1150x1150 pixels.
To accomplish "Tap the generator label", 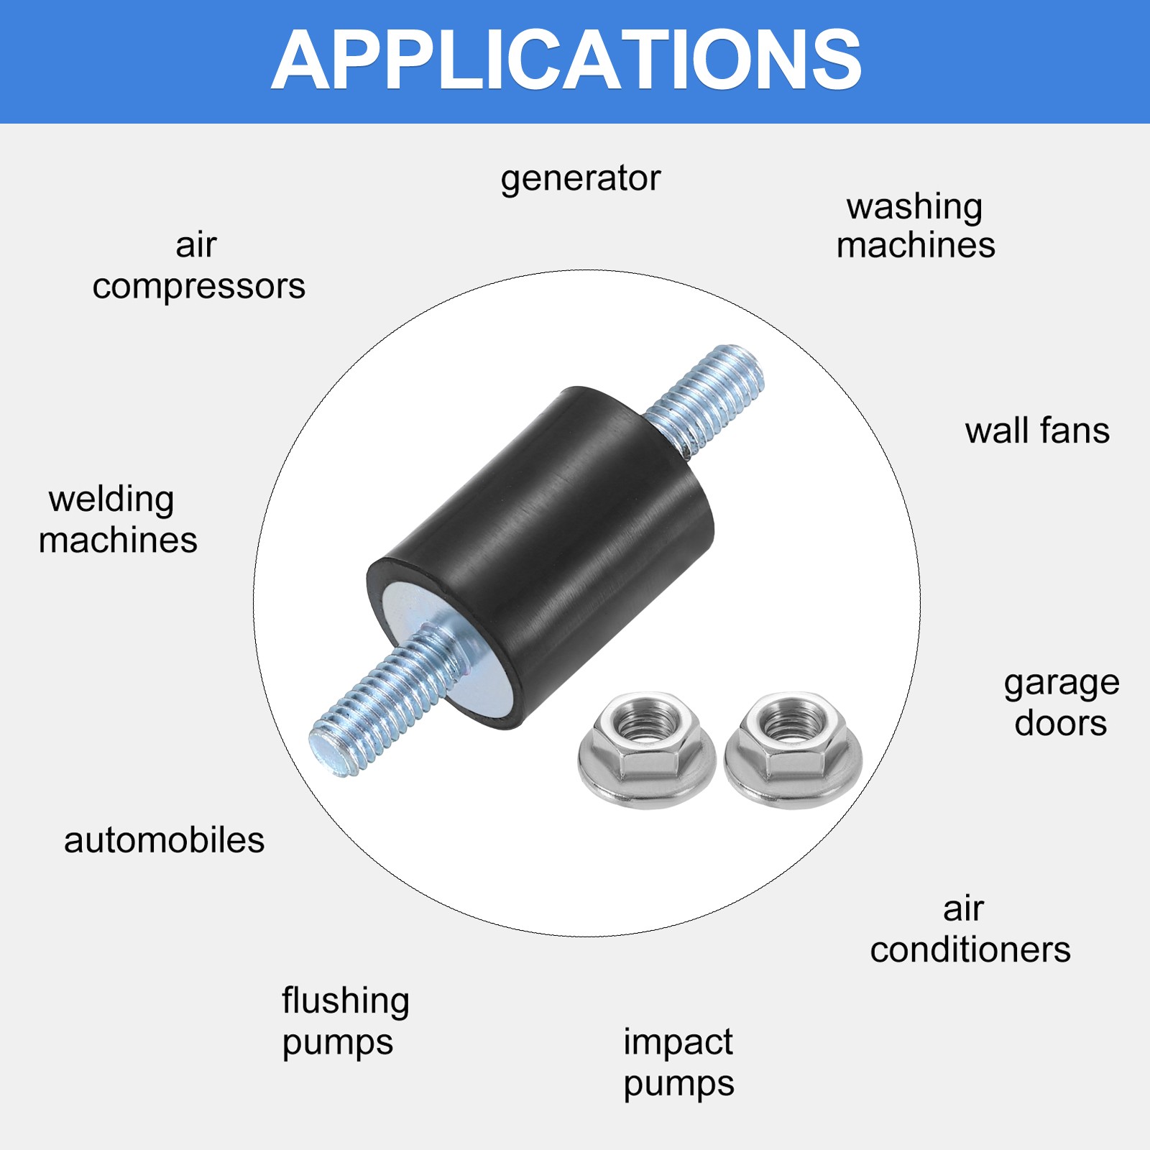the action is coord(581,178).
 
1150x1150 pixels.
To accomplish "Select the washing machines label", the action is coord(916,226).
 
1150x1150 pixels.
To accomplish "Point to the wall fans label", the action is coord(1037,431).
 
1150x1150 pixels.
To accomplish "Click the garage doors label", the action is coord(1062,704).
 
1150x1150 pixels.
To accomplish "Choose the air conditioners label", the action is coord(970,930).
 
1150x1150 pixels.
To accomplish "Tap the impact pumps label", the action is coord(678,1062).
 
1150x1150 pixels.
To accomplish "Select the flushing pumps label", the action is coord(346,1021).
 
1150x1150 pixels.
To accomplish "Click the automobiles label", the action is coord(165,840).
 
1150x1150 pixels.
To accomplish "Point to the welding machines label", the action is coord(118,520).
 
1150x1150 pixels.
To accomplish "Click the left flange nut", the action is coord(647,750).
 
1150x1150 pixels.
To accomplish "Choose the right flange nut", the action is coord(793,750).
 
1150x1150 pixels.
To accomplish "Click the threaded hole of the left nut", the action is coord(648,722).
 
